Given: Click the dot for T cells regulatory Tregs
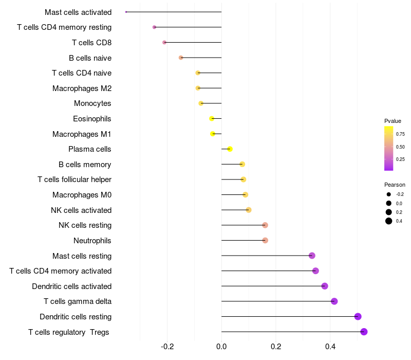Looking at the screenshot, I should (x=364, y=332).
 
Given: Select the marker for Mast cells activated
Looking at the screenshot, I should (x=126, y=12).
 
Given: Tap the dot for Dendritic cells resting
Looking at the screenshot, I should (x=358, y=317).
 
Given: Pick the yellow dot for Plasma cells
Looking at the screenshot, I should (x=230, y=149).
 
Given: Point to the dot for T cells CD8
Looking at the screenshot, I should (x=164, y=42).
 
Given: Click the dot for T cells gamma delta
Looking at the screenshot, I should (x=334, y=301).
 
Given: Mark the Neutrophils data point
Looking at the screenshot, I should (x=265, y=240).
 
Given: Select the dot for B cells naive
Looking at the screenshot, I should (x=181, y=58).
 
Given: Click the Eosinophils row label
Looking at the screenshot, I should (x=92, y=119).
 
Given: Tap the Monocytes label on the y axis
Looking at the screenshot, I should (x=92, y=103).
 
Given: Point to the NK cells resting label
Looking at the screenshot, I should (x=85, y=225).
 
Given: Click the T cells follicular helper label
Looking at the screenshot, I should (x=74, y=179).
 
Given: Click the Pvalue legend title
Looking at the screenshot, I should (x=393, y=121).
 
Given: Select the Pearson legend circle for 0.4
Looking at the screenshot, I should (x=389, y=221).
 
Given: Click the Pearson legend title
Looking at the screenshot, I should (x=395, y=185).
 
